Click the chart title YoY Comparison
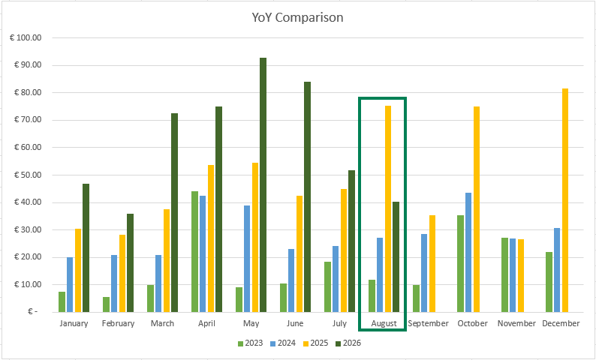(297, 17)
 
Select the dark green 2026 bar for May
(263, 185)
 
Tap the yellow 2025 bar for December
(565, 200)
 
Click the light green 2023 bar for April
(194, 252)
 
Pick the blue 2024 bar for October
(468, 253)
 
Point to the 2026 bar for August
(396, 257)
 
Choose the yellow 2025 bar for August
(388, 208)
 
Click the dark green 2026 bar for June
(307, 197)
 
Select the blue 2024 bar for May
(247, 259)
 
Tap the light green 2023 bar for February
(106, 304)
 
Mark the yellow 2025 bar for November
(521, 276)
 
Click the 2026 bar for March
(174, 213)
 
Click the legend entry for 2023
(250, 343)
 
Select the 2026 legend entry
(348, 343)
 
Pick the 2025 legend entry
(315, 343)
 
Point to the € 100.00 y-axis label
(26, 37)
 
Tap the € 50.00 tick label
(28, 175)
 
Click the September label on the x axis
(428, 323)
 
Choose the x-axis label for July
(339, 323)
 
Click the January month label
(74, 323)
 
